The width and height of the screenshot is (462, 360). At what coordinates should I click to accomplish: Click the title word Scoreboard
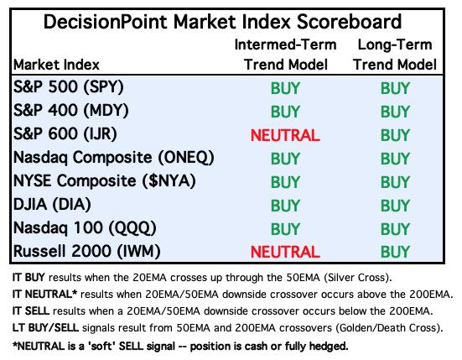coord(349,22)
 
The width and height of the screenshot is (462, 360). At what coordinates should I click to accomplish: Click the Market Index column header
coord(56,65)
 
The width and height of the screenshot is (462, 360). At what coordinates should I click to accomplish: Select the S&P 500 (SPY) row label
coord(69,87)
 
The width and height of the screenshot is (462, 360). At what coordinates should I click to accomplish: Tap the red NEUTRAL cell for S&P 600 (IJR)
coord(285,135)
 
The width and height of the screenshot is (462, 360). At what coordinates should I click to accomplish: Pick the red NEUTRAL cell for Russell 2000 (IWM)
coord(285,252)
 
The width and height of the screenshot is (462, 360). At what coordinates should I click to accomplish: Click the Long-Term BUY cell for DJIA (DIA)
coord(395,206)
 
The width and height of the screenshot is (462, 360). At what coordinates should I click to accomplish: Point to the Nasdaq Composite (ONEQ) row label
coord(114,158)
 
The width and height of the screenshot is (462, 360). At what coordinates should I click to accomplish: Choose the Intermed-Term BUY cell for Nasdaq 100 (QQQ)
coord(285,229)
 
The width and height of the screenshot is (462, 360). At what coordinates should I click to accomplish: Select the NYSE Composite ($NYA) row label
coord(105,180)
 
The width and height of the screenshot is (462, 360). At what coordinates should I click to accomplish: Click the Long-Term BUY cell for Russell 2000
coord(395,252)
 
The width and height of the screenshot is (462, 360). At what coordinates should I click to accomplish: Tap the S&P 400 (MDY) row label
coord(71,111)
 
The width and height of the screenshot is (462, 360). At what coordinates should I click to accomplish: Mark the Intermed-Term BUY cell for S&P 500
coord(285,88)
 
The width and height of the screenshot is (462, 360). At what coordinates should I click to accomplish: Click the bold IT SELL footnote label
coord(31,310)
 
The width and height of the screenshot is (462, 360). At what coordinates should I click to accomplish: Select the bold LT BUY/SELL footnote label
coord(45,327)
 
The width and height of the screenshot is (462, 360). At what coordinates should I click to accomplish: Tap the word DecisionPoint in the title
coord(105,22)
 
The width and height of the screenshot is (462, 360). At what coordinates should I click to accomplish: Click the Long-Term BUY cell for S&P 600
coord(395,135)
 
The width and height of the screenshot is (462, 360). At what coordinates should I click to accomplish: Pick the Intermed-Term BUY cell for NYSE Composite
coord(285,182)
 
